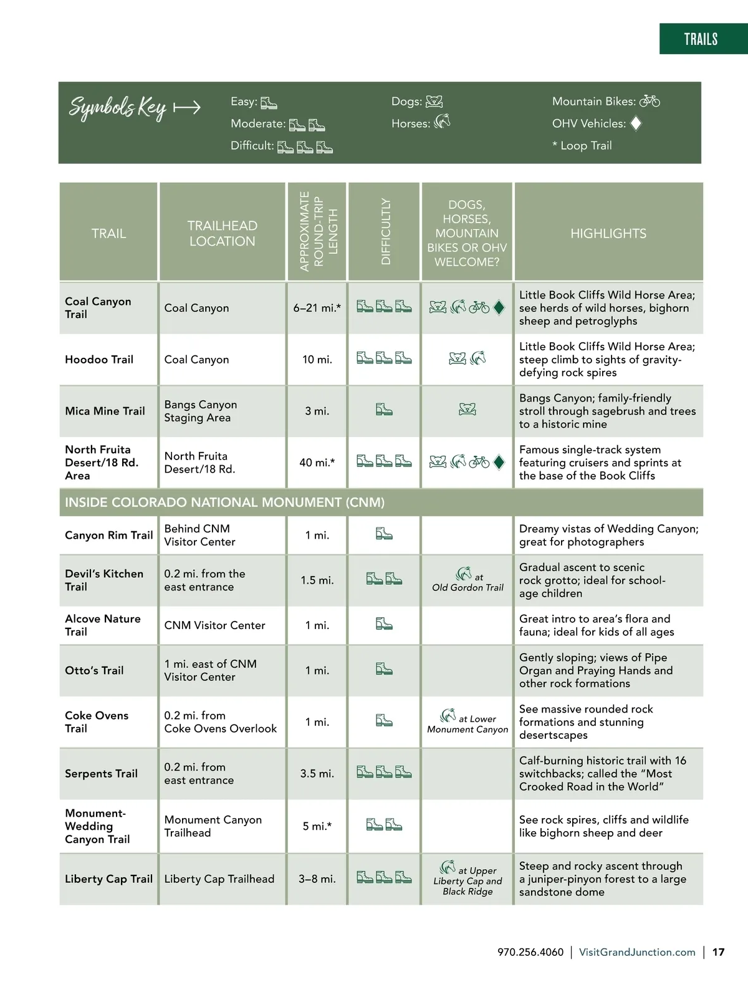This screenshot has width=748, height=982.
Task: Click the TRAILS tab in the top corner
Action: [x=701, y=39]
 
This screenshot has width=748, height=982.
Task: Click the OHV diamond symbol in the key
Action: [x=636, y=123]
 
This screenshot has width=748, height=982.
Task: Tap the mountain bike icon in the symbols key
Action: [x=650, y=101]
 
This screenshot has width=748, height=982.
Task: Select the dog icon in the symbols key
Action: [x=434, y=102]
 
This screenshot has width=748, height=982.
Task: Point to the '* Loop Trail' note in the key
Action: [x=582, y=145]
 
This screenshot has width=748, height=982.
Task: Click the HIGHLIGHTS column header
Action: [x=608, y=233]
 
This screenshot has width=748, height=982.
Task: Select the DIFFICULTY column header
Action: [x=385, y=231]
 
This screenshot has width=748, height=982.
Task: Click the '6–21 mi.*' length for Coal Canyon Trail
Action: [x=317, y=308]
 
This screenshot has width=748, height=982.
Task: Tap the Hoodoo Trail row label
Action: [x=99, y=359]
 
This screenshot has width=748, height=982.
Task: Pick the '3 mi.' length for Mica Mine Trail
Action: [x=317, y=411]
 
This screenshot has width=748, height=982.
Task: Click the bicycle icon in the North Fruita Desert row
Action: [x=479, y=462]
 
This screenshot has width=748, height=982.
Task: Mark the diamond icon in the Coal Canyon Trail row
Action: [x=499, y=307]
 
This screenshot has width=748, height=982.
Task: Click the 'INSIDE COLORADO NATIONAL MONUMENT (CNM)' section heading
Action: [x=224, y=503]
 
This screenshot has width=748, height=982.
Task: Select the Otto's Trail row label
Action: [x=95, y=670]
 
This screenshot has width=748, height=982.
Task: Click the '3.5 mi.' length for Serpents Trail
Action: [x=317, y=773]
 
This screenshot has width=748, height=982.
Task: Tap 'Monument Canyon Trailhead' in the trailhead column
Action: [x=213, y=826]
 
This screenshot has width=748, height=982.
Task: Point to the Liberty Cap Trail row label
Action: [x=108, y=879]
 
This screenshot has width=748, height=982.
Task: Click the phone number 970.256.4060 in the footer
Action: [x=530, y=952]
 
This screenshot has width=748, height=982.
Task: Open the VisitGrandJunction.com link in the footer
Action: [x=637, y=952]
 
